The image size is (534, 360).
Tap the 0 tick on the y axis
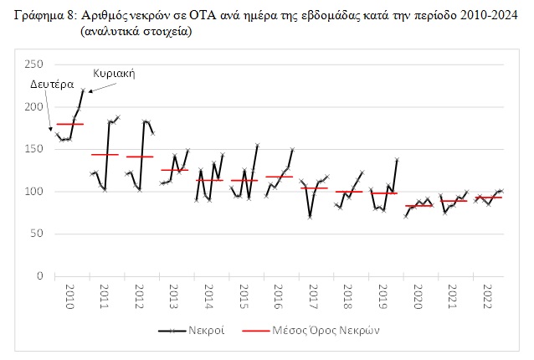pyautogui.click(x=39, y=275)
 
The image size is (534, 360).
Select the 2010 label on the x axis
pyautogui.click(x=69, y=296)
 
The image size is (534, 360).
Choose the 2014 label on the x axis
pyautogui.click(x=209, y=296)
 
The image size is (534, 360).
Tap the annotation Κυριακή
pyautogui.click(x=115, y=73)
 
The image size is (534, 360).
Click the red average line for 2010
pyautogui.click(x=69, y=124)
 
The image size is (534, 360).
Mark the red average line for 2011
pyautogui.click(x=105, y=155)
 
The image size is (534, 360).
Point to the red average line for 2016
pyautogui.click(x=279, y=177)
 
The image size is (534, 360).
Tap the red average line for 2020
pyautogui.click(x=418, y=205)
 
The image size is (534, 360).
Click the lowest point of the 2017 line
pyautogui.click(x=310, y=217)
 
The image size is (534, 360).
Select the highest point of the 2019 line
pyautogui.click(x=396, y=159)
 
